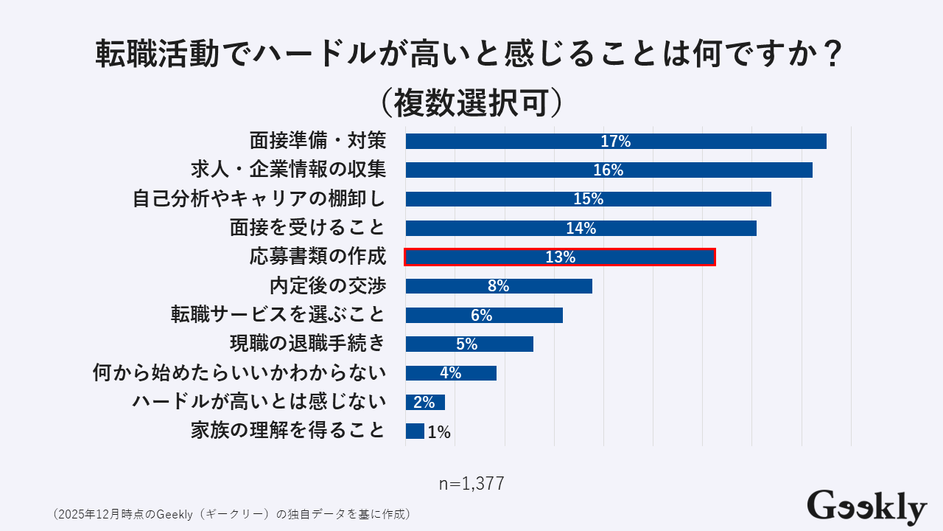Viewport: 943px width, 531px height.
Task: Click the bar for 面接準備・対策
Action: (615, 142)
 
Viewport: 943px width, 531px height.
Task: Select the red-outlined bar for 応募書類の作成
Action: (560, 257)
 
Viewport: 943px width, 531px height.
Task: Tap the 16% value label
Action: (608, 170)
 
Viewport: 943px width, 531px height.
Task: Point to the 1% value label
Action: (439, 432)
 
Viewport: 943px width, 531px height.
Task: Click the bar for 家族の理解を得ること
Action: (415, 431)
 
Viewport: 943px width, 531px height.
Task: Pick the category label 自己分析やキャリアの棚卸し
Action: (259, 199)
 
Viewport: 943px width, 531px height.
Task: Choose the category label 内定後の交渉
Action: (327, 286)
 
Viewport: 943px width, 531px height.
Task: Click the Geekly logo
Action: (866, 507)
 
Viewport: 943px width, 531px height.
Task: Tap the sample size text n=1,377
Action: (471, 484)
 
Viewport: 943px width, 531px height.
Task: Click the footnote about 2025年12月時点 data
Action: (231, 513)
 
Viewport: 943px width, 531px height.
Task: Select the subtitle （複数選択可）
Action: (471, 103)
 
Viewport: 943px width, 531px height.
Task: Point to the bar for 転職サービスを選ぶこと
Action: (484, 315)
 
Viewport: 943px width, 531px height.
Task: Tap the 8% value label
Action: (498, 286)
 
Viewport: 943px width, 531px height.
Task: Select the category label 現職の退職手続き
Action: (307, 344)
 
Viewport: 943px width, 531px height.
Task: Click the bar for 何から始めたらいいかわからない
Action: (451, 373)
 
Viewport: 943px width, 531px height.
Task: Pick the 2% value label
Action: (424, 402)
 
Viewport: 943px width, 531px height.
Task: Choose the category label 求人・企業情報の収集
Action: (288, 170)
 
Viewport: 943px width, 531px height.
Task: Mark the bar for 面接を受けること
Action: (581, 228)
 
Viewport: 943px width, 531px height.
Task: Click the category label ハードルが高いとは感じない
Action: (259, 402)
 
